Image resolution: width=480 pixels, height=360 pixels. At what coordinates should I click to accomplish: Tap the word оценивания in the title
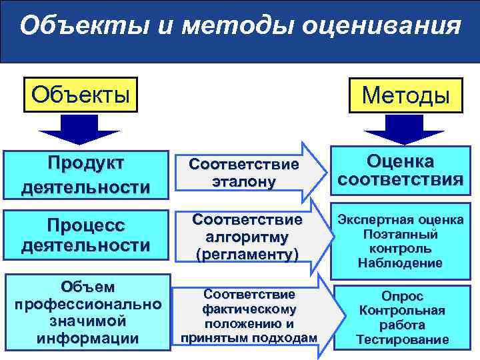point(380,27)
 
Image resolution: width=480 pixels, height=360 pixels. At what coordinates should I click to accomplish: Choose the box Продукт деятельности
point(85,175)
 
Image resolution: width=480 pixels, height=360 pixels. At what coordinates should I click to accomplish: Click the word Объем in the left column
point(87,287)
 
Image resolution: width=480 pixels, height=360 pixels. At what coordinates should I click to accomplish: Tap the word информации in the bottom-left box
point(87,338)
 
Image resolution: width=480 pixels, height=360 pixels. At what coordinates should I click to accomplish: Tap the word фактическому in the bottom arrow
point(249,309)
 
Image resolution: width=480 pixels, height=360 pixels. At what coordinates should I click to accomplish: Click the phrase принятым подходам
point(249,338)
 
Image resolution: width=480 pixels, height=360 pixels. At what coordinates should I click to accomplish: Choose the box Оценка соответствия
point(400,171)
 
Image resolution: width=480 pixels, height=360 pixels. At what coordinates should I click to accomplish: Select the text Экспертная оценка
point(400,220)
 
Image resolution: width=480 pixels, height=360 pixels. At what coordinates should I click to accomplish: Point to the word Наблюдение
point(400,263)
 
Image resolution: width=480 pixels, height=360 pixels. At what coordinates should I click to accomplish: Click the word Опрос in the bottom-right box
point(402,296)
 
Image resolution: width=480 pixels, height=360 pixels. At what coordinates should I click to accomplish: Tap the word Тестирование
point(402,339)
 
